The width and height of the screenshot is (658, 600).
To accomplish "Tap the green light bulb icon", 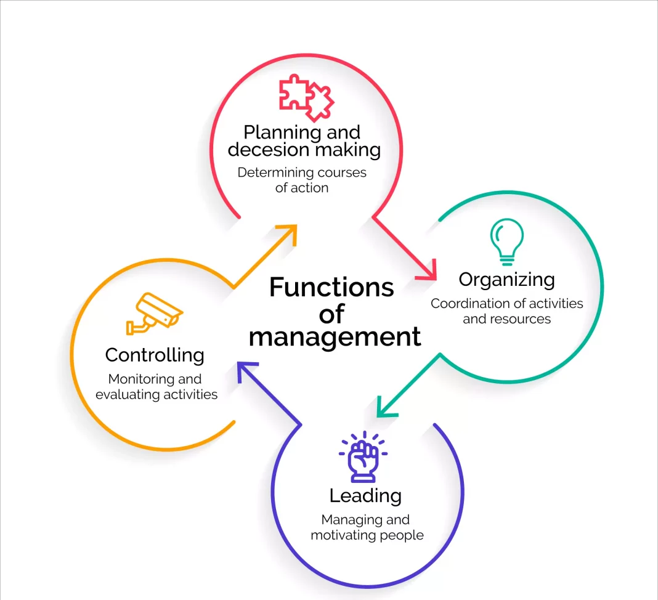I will (506, 242).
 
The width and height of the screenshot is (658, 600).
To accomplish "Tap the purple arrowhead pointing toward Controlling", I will (245, 371).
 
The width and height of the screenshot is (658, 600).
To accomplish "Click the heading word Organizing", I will (506, 280).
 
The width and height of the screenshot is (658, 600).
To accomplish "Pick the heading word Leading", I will (365, 496).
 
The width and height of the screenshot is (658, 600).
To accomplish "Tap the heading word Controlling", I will (155, 355).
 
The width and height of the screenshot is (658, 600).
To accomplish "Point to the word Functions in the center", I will (331, 288).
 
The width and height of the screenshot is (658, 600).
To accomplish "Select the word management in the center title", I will (335, 338).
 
